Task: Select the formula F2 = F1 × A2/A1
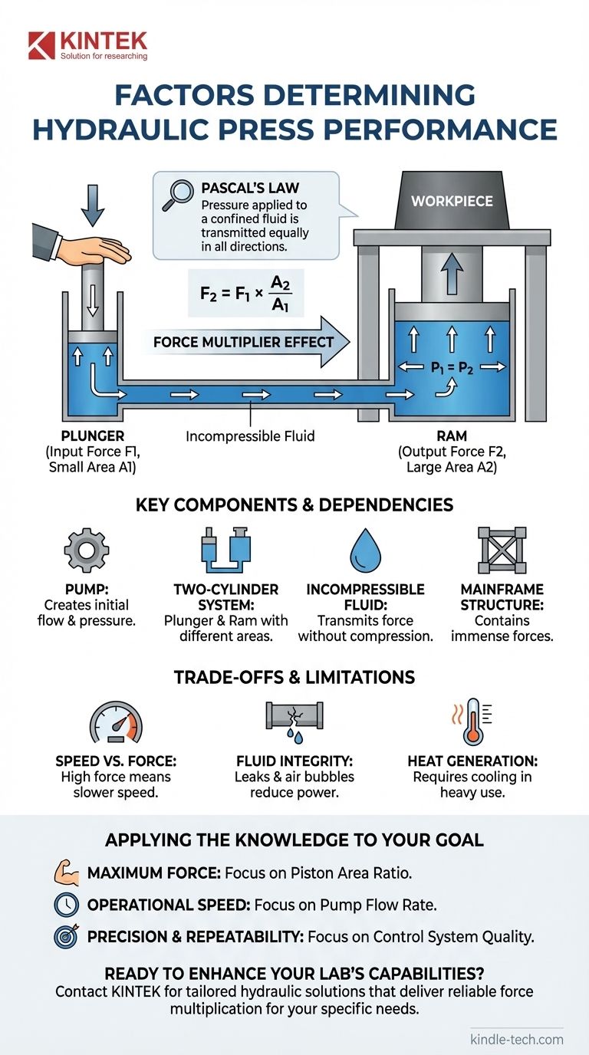click(245, 292)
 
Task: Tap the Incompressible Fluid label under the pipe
click(250, 436)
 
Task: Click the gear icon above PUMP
click(86, 549)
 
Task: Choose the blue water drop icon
click(365, 549)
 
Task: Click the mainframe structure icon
click(502, 549)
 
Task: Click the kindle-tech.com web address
click(516, 1040)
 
